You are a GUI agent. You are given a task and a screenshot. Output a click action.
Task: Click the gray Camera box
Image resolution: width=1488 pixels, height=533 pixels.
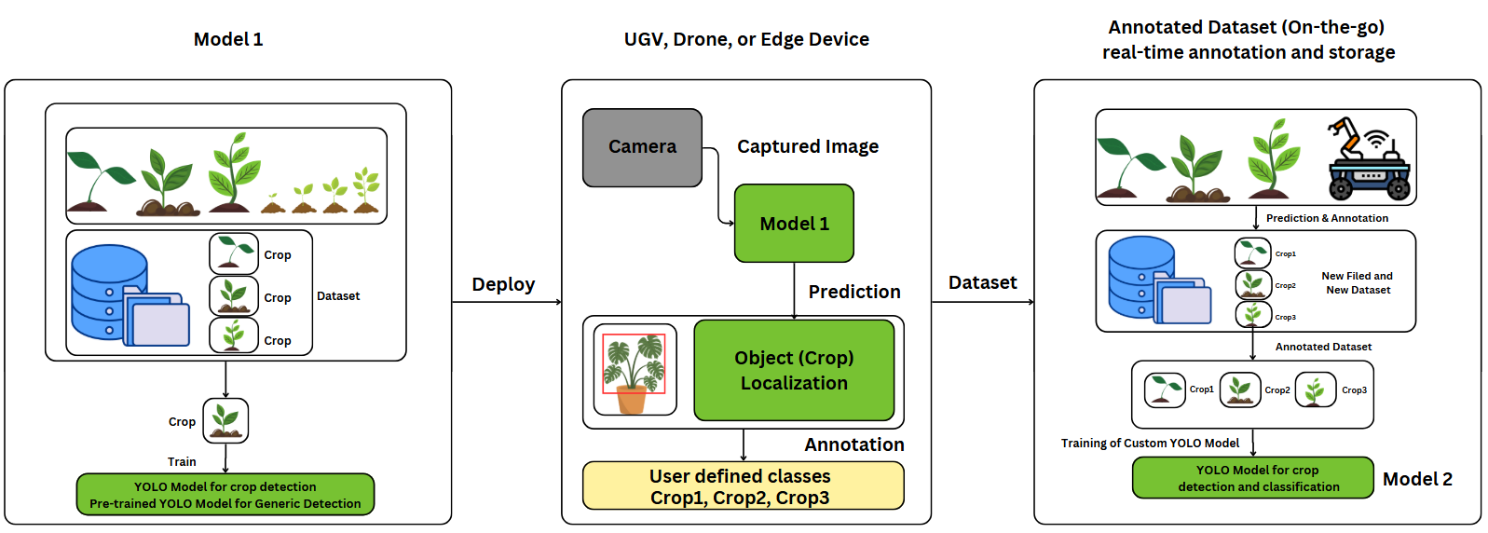[x=642, y=147]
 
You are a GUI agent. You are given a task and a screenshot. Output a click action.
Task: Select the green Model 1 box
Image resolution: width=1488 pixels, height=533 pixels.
[x=794, y=224]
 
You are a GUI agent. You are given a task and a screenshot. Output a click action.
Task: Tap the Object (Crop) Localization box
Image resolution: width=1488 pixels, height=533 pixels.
[x=794, y=370]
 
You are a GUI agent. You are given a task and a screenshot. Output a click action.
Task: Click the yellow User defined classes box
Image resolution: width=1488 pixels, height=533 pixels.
[x=743, y=486]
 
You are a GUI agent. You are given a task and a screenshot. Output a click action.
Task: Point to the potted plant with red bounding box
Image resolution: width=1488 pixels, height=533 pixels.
[x=635, y=370]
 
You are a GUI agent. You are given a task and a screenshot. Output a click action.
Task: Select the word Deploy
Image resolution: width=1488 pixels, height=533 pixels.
[x=503, y=284]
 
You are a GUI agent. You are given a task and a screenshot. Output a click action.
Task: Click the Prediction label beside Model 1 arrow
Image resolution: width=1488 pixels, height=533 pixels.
[x=853, y=292]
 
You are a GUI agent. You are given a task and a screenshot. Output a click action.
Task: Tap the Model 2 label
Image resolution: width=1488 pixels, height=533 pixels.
[x=1416, y=479]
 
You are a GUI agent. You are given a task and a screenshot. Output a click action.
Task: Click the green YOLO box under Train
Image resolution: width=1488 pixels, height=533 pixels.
[x=225, y=495]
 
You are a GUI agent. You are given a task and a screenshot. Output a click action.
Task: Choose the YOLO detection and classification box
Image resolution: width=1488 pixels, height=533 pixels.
[x=1252, y=478]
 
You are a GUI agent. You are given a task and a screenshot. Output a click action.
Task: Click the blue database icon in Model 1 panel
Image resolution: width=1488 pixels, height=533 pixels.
[x=109, y=292]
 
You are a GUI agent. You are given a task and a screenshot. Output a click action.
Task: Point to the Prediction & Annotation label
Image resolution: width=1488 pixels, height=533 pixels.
[x=1326, y=218]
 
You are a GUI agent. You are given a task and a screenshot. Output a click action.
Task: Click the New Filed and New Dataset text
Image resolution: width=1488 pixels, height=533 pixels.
[x=1358, y=283]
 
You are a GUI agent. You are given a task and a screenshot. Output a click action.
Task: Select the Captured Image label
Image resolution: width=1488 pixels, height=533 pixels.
[x=808, y=146]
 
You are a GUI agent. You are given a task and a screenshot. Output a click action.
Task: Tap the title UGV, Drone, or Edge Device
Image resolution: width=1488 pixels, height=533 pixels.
[x=746, y=39]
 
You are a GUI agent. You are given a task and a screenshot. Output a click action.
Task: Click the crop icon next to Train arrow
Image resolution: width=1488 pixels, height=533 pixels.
[x=225, y=420]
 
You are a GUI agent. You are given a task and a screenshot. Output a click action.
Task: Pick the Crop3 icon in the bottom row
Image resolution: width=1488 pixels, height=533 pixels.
[x=1315, y=390]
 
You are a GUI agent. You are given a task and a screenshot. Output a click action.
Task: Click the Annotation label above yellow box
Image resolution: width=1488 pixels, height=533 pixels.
[x=853, y=444]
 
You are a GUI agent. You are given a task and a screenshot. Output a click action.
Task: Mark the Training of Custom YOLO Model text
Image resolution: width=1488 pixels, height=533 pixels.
[x=1150, y=444]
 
